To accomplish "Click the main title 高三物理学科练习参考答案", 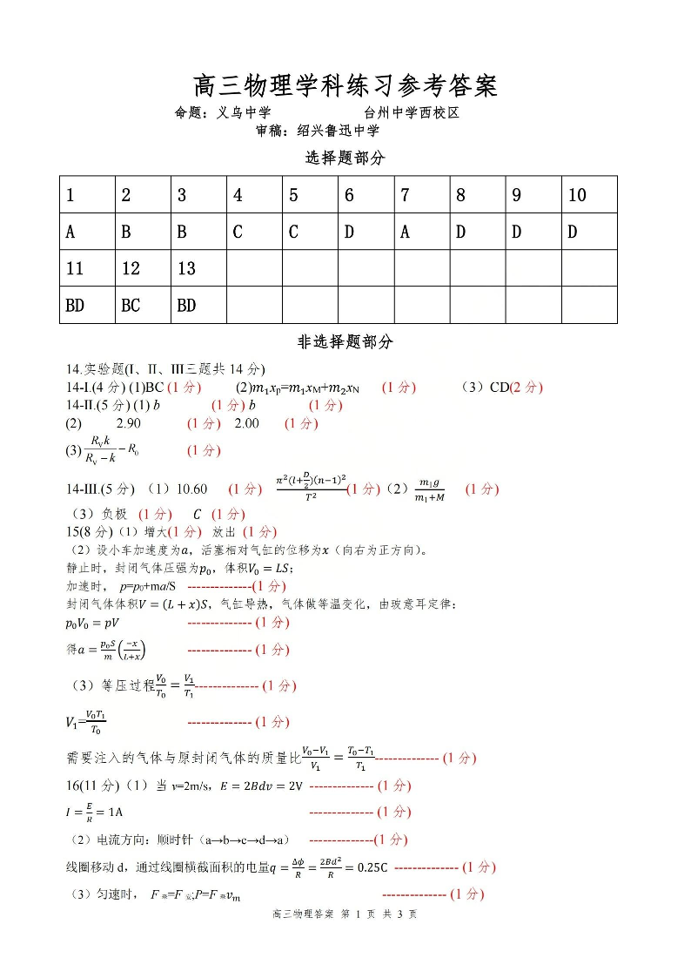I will click(x=345, y=86).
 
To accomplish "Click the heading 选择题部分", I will click(x=345, y=158).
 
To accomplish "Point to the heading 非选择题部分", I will click(x=345, y=341).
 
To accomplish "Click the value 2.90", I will click(x=128, y=423).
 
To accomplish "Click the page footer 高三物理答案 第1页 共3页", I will click(x=345, y=914).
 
